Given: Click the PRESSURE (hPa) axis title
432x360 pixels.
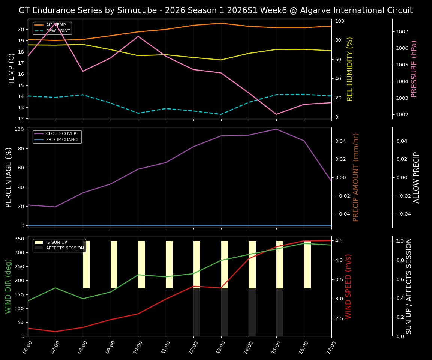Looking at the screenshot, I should [x=414, y=69].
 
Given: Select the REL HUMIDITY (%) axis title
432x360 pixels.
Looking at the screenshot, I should [x=350, y=69].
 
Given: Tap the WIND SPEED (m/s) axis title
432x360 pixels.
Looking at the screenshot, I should [x=349, y=286].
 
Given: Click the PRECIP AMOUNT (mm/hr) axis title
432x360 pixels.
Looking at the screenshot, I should [x=356, y=177].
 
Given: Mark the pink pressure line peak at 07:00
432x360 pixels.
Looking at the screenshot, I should [x=55, y=23].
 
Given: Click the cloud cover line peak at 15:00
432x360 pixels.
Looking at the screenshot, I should [x=276, y=129].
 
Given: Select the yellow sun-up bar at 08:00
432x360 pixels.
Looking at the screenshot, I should [x=86, y=264].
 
